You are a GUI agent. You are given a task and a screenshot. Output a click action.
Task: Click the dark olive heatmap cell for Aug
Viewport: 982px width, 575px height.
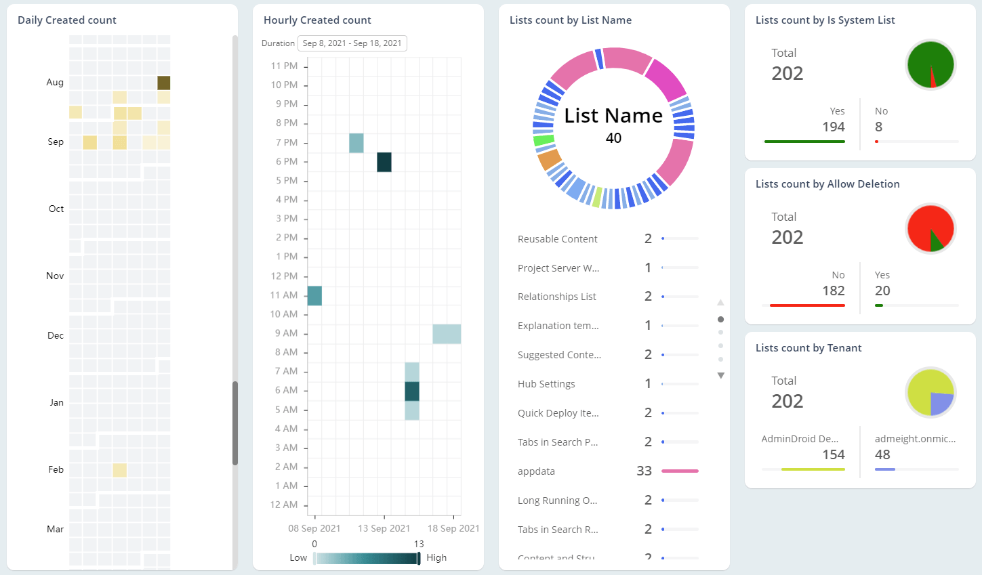click(164, 83)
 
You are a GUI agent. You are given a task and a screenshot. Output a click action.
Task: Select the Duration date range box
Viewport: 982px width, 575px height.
click(352, 43)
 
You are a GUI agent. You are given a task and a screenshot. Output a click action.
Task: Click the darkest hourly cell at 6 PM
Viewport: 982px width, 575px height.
click(384, 162)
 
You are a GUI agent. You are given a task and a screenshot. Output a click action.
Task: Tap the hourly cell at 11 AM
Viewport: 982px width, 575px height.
click(314, 295)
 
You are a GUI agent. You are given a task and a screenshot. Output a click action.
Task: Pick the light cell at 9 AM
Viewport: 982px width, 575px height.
click(447, 334)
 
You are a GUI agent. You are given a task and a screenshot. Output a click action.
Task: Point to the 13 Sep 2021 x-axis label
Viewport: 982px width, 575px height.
click(384, 528)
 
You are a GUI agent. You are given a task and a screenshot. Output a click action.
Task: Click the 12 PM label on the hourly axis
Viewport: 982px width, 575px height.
click(284, 276)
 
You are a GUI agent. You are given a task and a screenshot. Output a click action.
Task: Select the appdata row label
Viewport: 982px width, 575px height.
click(536, 471)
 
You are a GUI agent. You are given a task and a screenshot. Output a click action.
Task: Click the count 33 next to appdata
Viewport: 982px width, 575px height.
click(644, 471)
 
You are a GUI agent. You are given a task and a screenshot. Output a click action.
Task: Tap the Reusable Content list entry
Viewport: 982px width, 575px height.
click(557, 239)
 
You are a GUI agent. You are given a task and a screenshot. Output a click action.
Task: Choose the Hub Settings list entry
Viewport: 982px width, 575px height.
click(546, 384)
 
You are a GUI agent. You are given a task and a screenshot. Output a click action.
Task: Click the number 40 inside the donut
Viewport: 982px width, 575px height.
click(613, 138)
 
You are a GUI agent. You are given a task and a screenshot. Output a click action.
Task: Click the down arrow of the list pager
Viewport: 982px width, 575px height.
click(721, 375)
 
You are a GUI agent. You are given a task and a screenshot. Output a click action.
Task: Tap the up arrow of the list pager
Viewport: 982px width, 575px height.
click(721, 303)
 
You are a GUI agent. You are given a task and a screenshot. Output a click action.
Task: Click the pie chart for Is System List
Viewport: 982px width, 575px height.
click(930, 65)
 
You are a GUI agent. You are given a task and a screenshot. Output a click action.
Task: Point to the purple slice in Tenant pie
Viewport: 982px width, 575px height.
click(941, 404)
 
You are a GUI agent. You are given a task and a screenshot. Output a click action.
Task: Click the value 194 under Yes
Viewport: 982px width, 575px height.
click(833, 127)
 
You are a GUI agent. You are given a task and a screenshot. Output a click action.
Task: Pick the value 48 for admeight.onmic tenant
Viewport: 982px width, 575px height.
click(882, 454)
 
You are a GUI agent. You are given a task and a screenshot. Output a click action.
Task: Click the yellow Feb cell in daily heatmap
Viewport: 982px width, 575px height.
click(119, 470)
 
